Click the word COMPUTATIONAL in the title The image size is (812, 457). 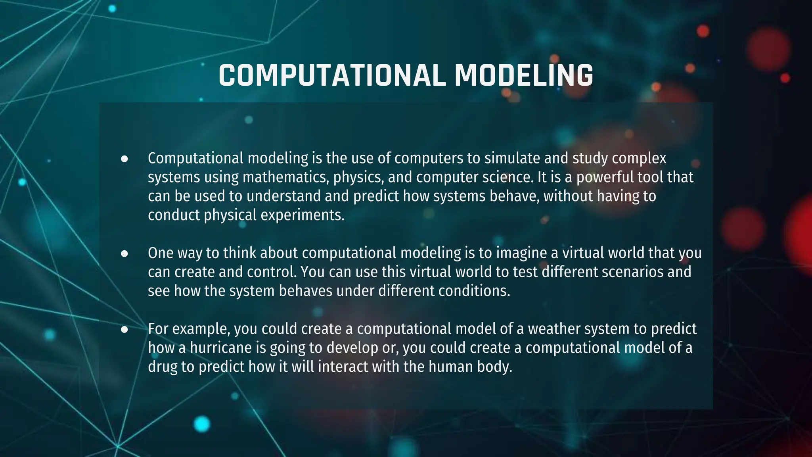coord(331,75)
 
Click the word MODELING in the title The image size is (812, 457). coord(523,75)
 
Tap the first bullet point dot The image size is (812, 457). coord(124,159)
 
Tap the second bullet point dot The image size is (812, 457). coord(124,253)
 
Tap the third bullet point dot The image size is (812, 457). coord(124,329)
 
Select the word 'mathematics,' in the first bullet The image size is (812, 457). coord(285,177)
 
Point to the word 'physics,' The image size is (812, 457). coord(358,177)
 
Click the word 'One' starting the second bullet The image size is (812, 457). coord(161,253)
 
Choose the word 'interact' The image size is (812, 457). coord(343,367)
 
